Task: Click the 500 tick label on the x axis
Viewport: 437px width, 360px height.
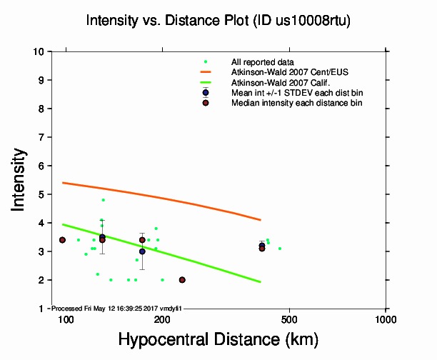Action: click(289, 319)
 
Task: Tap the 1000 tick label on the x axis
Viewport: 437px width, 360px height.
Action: click(386, 319)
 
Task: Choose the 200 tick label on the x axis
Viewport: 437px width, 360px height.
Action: click(162, 319)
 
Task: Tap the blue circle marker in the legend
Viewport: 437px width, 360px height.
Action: click(206, 93)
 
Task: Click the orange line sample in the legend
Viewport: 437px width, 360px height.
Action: click(206, 72)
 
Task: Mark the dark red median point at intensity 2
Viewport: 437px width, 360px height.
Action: click(182, 280)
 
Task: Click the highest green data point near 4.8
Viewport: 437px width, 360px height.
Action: click(103, 200)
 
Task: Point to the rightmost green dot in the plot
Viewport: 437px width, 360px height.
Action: click(280, 249)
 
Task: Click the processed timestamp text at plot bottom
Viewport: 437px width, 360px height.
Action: click(114, 309)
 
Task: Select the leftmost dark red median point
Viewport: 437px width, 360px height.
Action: click(62, 240)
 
